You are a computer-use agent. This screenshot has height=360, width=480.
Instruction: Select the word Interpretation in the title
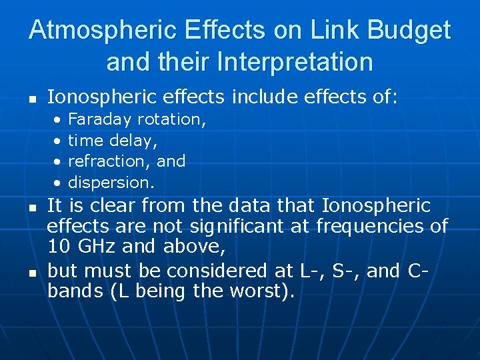(295, 62)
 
